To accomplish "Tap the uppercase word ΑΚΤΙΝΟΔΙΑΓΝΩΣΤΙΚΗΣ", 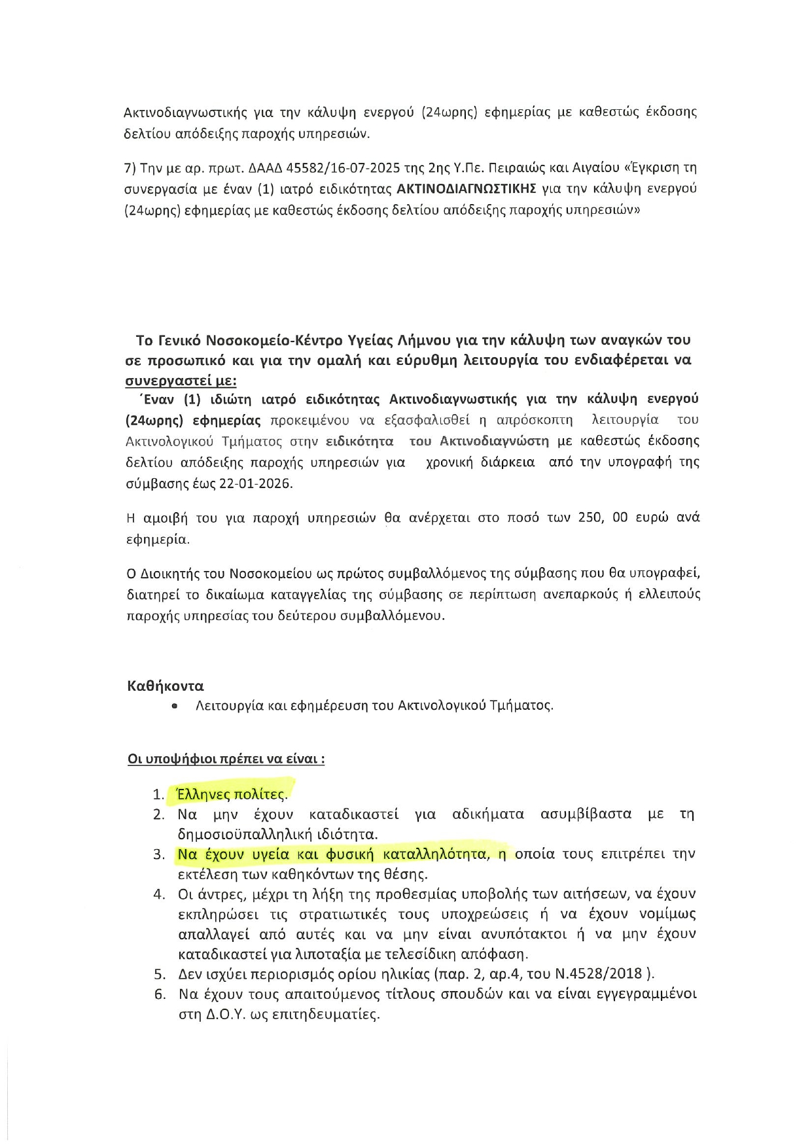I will pyautogui.click(x=467, y=189).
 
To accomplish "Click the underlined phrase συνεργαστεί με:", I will pyautogui.click(x=181, y=381).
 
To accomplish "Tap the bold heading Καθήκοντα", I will pyautogui.click(x=166, y=686).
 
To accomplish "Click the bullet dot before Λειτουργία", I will pyautogui.click(x=174, y=706).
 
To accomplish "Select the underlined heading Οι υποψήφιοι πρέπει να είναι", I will pyautogui.click(x=226, y=759).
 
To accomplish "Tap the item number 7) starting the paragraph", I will pyautogui.click(x=130, y=168).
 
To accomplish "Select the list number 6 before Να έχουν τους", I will pyautogui.click(x=160, y=995).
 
